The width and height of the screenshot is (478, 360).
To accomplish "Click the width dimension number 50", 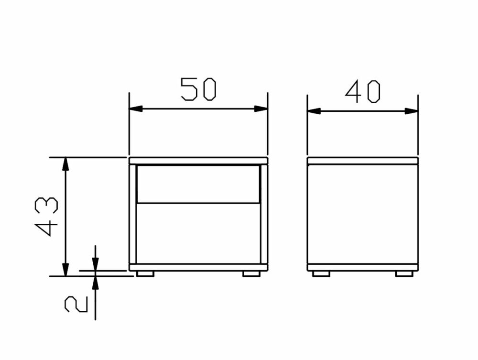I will point(198,89).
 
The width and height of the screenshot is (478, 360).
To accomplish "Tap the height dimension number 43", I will point(47,216).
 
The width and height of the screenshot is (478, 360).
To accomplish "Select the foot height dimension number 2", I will point(76,304).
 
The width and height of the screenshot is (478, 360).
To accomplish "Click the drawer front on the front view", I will point(198,184).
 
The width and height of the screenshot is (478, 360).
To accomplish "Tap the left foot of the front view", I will point(145,274).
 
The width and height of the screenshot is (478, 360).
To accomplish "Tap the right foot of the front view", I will point(251,274).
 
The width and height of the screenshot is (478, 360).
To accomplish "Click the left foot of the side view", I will point(321,274).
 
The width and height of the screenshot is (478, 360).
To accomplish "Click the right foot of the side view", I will point(404,274).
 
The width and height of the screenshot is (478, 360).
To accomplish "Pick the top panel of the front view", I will point(198,161).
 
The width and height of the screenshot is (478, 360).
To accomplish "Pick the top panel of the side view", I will point(362,161).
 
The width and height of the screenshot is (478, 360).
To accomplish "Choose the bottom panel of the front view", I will point(198,267).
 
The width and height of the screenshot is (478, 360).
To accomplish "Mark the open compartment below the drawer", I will point(198,233).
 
